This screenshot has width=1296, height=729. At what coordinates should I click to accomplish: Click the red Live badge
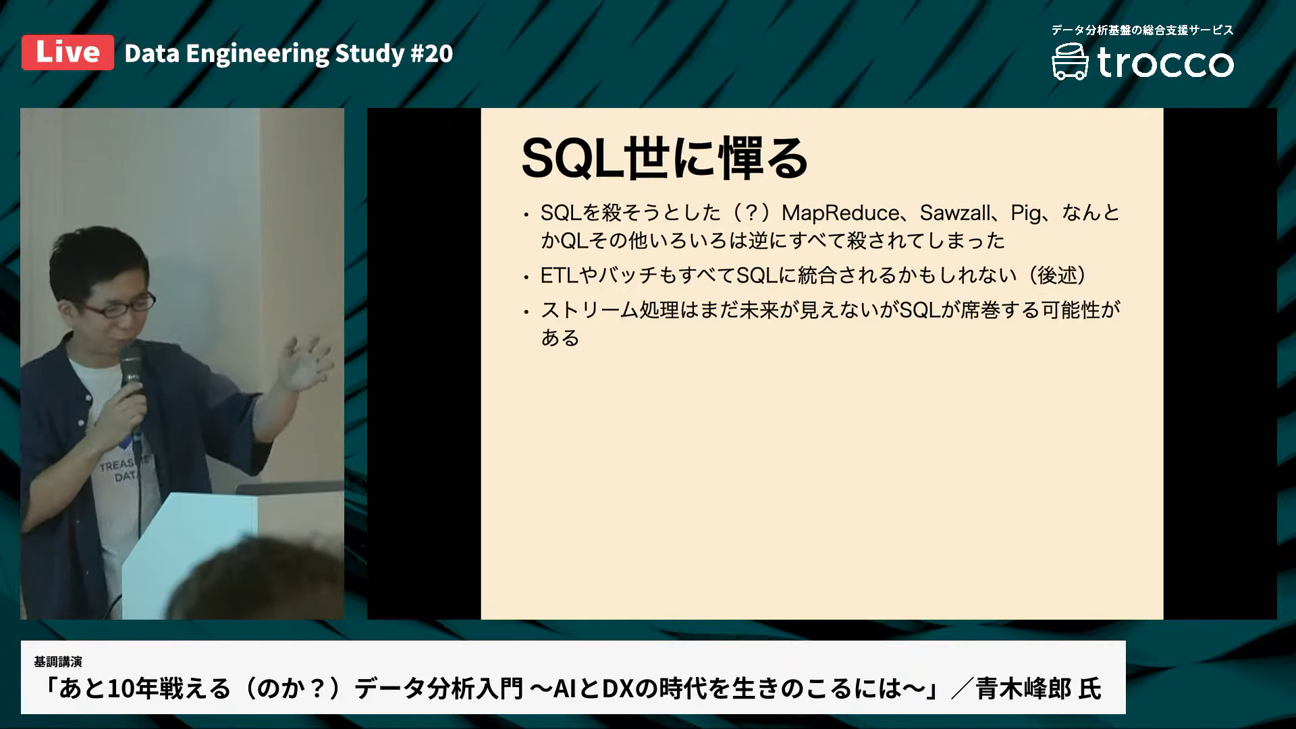coord(67,53)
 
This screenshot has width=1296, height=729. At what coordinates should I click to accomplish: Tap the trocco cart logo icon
coord(1070,62)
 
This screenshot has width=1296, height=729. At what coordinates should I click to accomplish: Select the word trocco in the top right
coord(1165,63)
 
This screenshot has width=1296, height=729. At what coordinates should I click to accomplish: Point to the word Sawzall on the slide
coord(955,213)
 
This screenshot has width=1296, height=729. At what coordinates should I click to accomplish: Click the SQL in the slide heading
coord(571,159)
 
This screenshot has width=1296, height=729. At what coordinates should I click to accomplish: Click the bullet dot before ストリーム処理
coord(526,312)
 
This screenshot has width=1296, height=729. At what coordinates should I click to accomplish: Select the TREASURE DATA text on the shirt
coord(122,470)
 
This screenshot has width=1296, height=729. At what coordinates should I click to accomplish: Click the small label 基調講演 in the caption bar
coord(58,661)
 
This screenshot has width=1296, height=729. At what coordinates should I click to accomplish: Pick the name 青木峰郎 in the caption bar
coord(1023,689)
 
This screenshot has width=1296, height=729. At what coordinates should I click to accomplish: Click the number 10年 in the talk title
coord(142,689)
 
